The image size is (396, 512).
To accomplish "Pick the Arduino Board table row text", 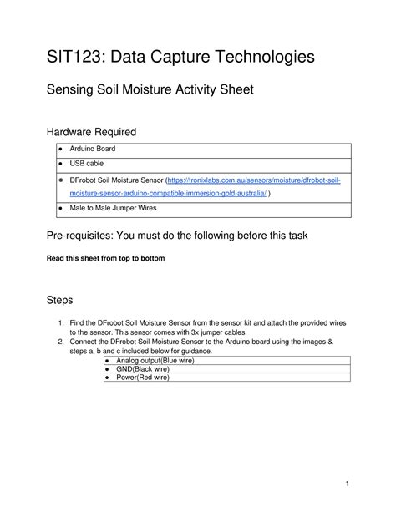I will click(92, 149).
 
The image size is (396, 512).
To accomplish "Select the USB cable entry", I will click(86, 164).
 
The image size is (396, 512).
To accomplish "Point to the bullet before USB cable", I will click(60, 165).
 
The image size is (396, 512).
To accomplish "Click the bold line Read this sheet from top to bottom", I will click(105, 259).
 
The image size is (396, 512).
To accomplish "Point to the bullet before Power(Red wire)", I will click(107, 378).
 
